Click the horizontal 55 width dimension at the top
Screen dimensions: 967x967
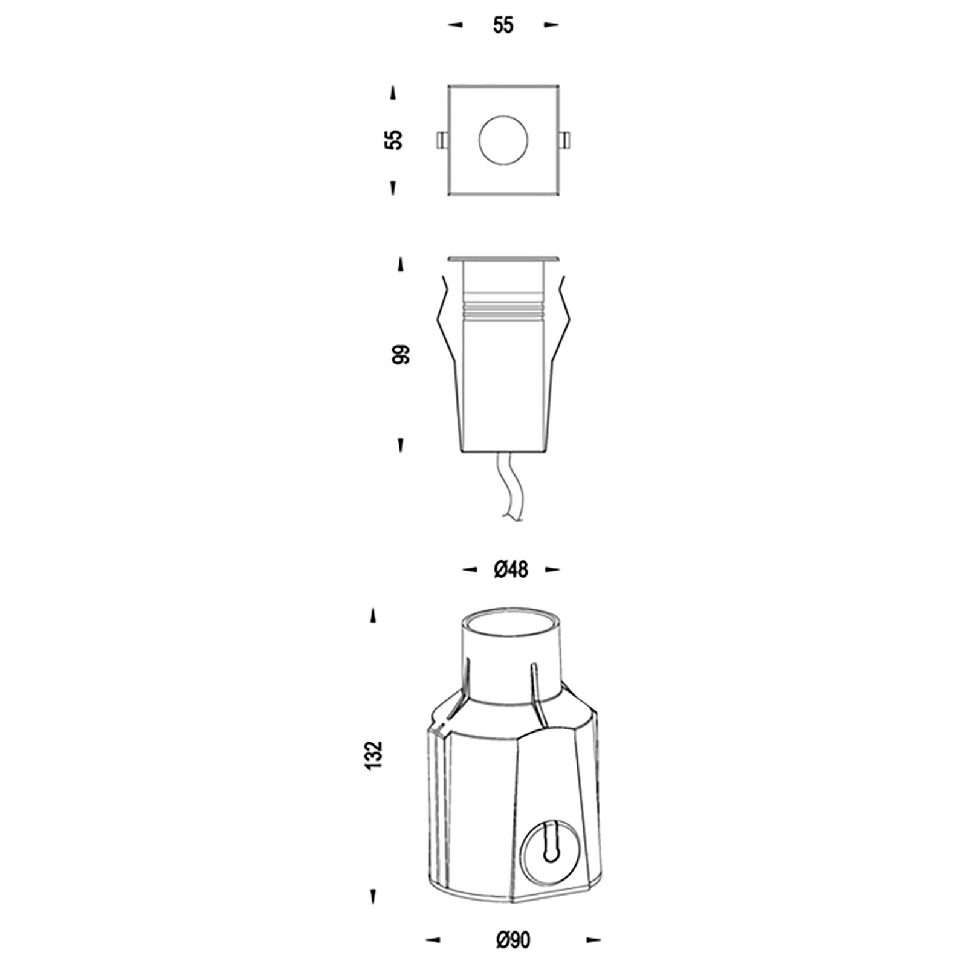(503, 25)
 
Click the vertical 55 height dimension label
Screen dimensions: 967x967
(394, 140)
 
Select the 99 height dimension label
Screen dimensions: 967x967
(401, 355)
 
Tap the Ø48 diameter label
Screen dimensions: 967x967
(511, 569)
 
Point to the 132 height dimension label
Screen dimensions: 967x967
(374, 755)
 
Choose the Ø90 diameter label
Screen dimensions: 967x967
(513, 940)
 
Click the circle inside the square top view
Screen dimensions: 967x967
(503, 140)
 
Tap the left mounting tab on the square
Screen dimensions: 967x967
(442, 140)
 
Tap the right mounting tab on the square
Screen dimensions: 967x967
(564, 140)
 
